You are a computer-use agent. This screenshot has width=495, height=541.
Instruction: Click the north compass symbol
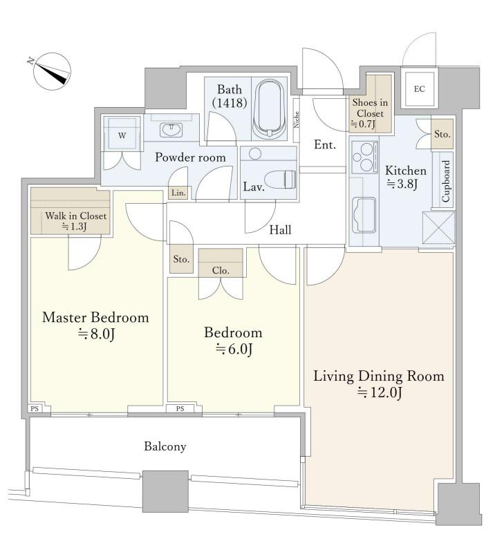(x=52, y=71)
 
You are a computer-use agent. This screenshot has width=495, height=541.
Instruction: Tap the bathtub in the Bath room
(x=269, y=109)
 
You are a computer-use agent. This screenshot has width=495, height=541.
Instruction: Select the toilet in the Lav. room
(x=280, y=180)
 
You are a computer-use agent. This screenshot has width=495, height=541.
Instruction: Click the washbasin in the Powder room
(x=170, y=130)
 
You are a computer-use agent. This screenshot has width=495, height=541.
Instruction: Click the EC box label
(x=419, y=89)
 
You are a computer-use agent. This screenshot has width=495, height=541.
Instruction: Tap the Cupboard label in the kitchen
(x=445, y=180)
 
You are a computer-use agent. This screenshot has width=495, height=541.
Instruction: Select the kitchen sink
(x=364, y=216)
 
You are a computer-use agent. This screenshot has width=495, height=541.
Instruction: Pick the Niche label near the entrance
(x=296, y=120)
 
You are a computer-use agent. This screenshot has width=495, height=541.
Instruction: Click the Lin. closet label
(x=178, y=193)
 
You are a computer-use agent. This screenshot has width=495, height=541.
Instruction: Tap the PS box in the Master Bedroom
(x=35, y=409)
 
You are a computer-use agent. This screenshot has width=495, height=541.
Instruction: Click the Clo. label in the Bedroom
(x=221, y=271)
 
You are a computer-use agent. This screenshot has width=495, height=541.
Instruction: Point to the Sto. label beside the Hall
(x=181, y=259)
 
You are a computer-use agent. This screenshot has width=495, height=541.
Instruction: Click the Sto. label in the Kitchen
(x=442, y=134)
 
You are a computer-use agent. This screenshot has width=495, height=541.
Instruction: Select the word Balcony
(x=165, y=446)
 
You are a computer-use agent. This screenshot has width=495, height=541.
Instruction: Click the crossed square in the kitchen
(x=438, y=228)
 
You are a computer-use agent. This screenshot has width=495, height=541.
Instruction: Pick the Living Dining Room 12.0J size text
(x=380, y=392)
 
